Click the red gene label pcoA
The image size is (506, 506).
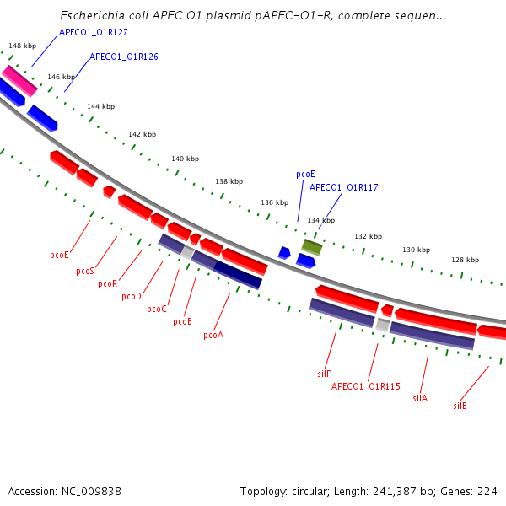coord(213,336)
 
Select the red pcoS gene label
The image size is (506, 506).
coord(85,272)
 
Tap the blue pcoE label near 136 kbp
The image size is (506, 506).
coord(305,174)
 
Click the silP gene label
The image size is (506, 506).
coord(325,374)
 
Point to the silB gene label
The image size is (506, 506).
coord(460,406)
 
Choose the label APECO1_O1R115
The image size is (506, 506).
coord(365,387)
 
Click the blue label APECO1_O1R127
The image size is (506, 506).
coord(94,32)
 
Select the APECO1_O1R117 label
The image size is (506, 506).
coord(343,187)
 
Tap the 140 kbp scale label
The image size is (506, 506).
coord(185,159)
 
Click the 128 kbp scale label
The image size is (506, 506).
coord(465,260)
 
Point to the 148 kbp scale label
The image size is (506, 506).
coord(22,46)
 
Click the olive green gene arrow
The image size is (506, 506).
coord(312,246)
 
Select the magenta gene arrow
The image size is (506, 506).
coord(19,80)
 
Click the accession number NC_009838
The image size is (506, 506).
coord(98,491)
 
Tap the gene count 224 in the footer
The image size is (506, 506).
coord(487,491)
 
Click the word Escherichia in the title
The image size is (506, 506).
coord(92,16)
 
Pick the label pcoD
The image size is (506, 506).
coord(132,297)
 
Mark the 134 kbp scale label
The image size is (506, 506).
coord(320,220)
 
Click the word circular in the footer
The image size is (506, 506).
coord(308,491)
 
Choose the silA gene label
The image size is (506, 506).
coord(420,398)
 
